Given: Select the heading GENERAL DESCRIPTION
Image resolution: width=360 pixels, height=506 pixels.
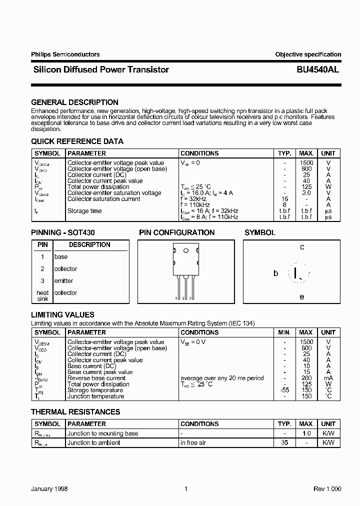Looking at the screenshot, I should [74, 102].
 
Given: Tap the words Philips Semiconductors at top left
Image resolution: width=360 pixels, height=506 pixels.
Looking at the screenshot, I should [65, 54].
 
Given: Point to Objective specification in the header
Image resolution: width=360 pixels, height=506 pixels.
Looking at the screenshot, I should [308, 54].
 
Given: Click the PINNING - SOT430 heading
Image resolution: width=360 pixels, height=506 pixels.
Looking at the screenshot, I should [63, 232].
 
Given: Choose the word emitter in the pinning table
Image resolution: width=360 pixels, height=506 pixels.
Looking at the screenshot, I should [63, 281].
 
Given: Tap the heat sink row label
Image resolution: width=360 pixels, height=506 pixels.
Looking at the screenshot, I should [42, 295].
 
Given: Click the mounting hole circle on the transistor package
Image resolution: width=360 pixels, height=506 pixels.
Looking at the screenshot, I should [186, 251].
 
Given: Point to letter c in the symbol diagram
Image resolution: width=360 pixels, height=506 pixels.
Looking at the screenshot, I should [302, 247].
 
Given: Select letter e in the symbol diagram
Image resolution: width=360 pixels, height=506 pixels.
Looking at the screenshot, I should [302, 296].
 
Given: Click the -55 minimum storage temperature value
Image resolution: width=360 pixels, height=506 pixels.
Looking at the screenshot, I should [284, 390].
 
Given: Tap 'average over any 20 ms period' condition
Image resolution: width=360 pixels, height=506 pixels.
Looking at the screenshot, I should [222, 378].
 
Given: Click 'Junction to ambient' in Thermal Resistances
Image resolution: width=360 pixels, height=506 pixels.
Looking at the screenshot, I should [94, 442].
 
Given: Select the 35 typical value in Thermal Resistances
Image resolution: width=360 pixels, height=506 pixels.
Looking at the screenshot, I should [284, 442].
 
